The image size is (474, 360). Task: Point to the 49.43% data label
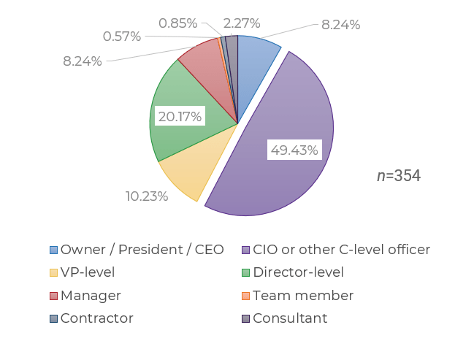pos(294,150)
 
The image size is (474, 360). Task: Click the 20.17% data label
pos(180,116)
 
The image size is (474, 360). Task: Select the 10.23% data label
pos(147,196)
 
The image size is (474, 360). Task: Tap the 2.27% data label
pos(242,23)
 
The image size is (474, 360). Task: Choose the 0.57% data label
pos(122,37)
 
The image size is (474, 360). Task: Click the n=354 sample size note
pos(399,176)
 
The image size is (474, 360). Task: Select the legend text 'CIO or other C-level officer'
pos(341,250)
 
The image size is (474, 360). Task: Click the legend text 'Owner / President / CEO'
pos(142,250)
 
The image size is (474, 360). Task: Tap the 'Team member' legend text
pos(303,296)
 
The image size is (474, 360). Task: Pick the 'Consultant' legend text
pos(290,318)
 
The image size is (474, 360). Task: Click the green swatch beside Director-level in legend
pos(246,273)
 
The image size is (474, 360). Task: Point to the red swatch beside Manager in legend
pos(53,296)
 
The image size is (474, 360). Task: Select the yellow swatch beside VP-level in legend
pos(53,273)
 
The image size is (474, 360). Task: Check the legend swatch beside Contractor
pos(53,318)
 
